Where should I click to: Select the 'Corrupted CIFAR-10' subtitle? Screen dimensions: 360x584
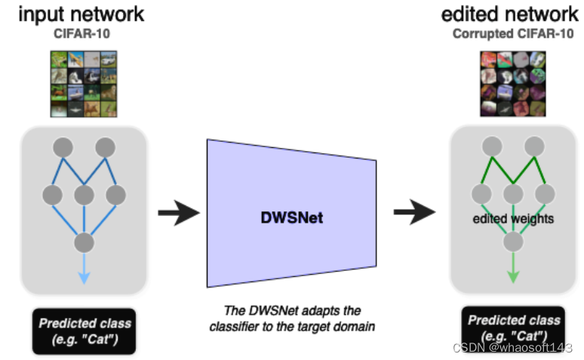click(513, 33)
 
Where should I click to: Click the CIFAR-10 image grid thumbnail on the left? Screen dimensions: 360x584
click(83, 83)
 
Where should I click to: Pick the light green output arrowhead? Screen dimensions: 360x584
click(514, 276)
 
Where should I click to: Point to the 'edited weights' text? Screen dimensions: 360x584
click(513, 219)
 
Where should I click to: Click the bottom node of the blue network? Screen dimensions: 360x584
click(84, 242)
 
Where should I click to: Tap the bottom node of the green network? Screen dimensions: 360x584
click(514, 242)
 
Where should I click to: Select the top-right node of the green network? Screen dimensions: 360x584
click(534, 146)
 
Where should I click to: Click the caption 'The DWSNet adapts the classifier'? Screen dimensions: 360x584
click(293, 318)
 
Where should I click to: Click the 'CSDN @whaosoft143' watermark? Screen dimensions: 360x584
click(512, 347)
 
